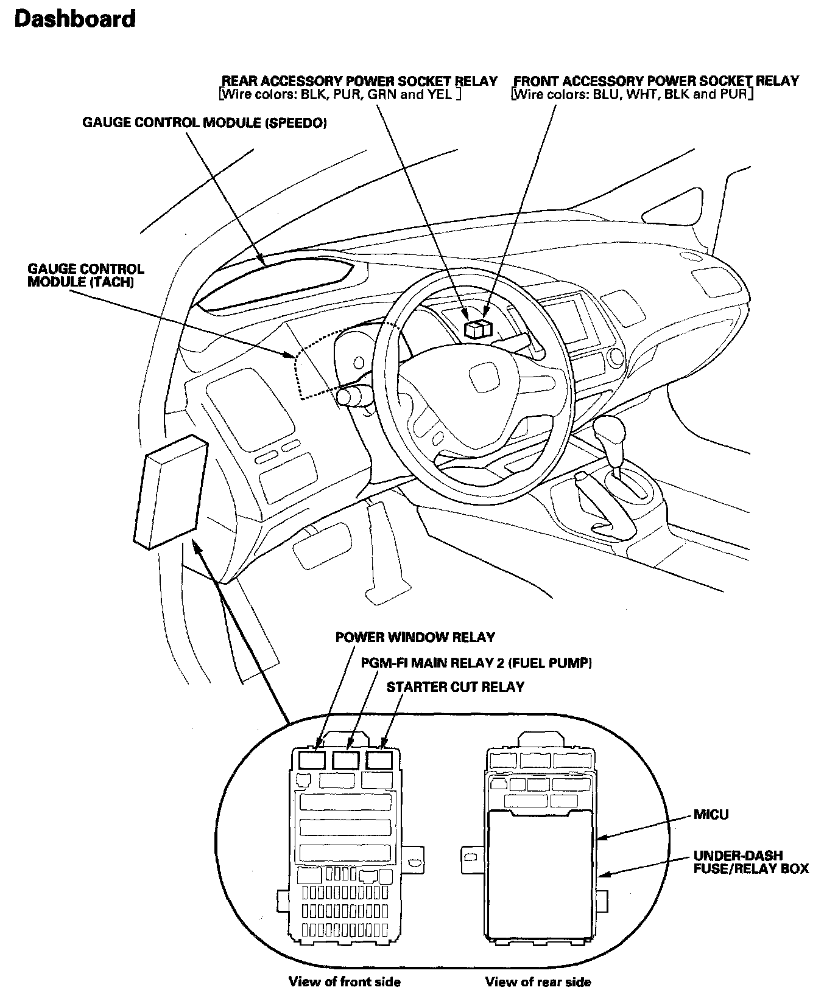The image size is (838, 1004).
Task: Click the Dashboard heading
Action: point(74,19)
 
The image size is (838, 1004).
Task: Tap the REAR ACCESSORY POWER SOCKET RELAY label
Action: point(359,81)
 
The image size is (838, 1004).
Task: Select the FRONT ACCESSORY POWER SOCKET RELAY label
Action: point(656,81)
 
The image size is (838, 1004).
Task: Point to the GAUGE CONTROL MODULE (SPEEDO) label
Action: point(205,123)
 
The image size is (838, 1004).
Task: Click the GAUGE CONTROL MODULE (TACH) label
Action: point(86,276)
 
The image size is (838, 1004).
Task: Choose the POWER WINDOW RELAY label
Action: point(415,637)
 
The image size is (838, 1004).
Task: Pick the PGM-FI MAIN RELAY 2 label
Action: point(476,663)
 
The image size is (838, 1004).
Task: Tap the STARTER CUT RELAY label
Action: point(456,687)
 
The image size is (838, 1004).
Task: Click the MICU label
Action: point(711,814)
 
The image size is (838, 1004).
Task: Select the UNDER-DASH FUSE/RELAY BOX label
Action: point(751,862)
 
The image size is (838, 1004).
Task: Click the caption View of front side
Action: point(344,981)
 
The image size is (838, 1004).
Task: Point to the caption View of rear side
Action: point(538,981)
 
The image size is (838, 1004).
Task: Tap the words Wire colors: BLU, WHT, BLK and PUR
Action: point(632,95)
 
